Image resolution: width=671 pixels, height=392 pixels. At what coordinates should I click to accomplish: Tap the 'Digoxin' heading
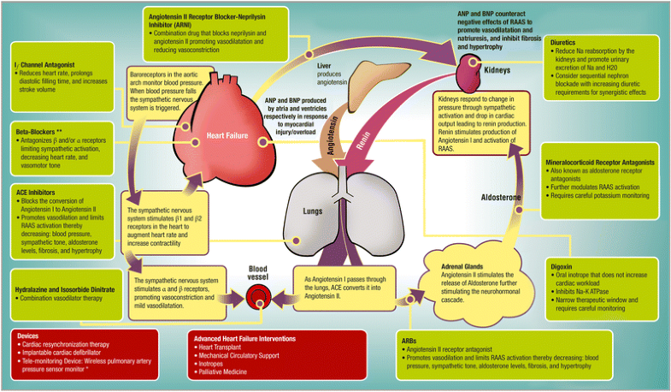[x=563, y=267]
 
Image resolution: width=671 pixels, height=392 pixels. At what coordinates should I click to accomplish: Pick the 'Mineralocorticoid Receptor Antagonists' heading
[x=599, y=162]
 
